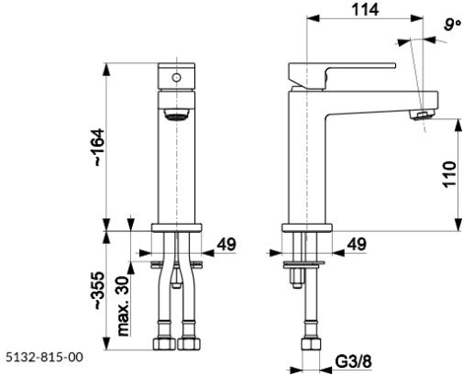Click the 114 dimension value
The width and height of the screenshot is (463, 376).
point(365,9)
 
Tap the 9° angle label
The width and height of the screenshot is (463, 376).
point(452,25)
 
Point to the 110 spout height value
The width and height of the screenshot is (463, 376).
point(449,174)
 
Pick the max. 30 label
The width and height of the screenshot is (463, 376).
point(124,305)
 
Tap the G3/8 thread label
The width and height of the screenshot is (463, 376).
point(354,362)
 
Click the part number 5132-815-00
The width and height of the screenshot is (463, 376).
point(45,357)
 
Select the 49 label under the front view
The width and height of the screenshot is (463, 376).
point(226,244)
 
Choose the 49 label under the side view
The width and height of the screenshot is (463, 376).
point(357,244)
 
